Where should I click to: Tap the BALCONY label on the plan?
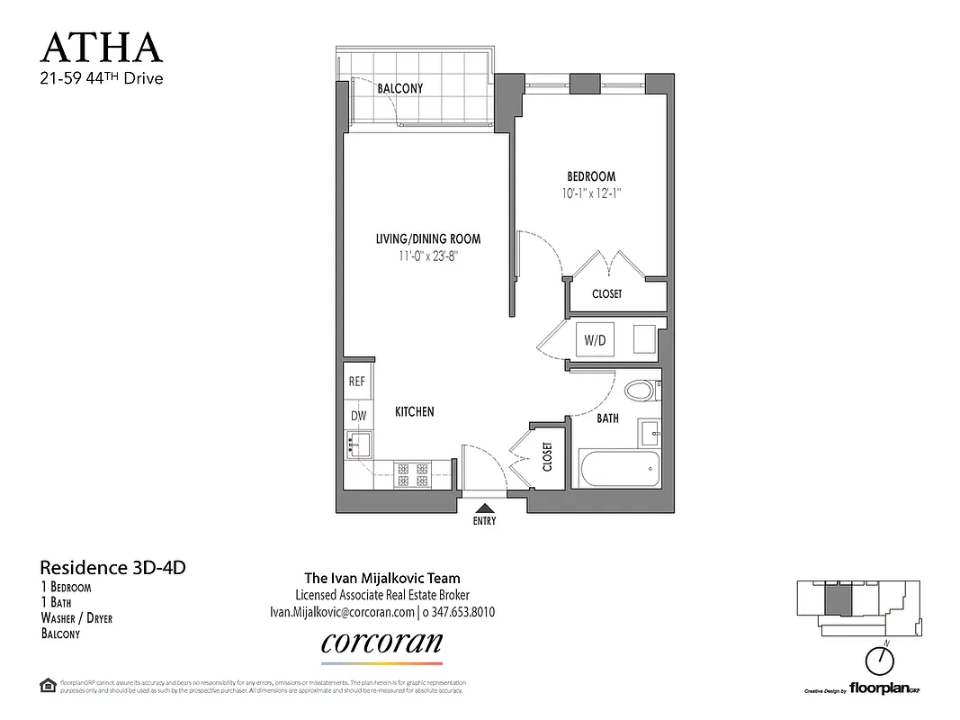click(x=399, y=88)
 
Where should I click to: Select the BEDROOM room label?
click(x=590, y=176)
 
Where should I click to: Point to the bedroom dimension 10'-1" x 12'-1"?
click(x=590, y=193)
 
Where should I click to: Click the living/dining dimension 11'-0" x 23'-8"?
click(x=427, y=256)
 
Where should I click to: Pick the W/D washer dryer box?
click(x=595, y=340)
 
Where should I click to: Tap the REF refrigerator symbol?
click(x=356, y=382)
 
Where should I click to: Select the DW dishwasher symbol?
click(x=356, y=415)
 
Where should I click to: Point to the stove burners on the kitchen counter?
click(x=412, y=473)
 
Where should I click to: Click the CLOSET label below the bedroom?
click(x=606, y=294)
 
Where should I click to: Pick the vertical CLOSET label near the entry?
click(x=547, y=456)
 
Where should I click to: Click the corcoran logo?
click(x=381, y=643)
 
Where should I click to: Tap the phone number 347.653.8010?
click(x=459, y=612)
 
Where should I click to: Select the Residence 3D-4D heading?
click(x=112, y=568)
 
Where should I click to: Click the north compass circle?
click(x=881, y=662)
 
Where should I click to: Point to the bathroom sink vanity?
click(x=650, y=433)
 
